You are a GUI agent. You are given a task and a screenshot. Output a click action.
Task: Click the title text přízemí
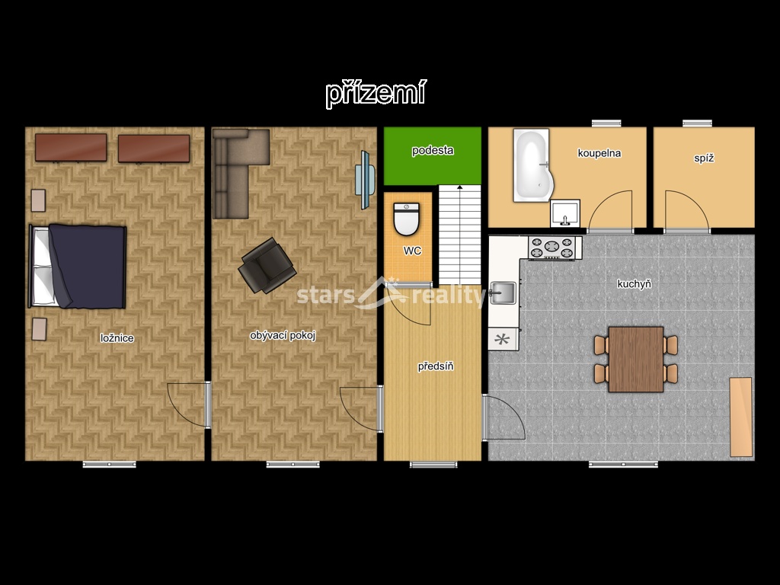(376, 93)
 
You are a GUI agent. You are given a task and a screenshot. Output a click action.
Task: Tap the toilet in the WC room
(407, 219)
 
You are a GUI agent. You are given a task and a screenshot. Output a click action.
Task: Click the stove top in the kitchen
(552, 248)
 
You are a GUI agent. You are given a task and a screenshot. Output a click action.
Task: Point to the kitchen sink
(503, 292)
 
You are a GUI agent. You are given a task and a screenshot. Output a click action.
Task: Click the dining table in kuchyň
(636, 359)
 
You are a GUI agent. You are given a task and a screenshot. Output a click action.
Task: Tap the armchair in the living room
(267, 265)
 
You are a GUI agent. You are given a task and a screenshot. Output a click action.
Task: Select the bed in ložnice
(78, 266)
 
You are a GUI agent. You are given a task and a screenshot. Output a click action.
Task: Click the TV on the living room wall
(365, 180)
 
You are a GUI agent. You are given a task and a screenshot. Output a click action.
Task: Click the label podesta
(433, 150)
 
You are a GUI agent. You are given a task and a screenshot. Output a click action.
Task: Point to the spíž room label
(704, 158)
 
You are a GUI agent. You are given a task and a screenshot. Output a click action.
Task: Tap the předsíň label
(435, 366)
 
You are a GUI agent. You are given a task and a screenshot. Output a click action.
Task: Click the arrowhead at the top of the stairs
(460, 187)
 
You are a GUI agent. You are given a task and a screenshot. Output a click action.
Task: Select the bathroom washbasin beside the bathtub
(565, 213)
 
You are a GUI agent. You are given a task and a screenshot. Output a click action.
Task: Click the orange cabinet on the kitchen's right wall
(740, 417)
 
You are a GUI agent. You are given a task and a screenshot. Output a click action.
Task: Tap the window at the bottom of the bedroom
(109, 465)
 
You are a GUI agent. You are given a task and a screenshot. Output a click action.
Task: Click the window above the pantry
(697, 123)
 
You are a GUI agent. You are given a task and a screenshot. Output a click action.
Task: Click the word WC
(412, 251)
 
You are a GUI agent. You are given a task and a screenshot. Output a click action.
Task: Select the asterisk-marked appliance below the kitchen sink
(503, 339)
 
